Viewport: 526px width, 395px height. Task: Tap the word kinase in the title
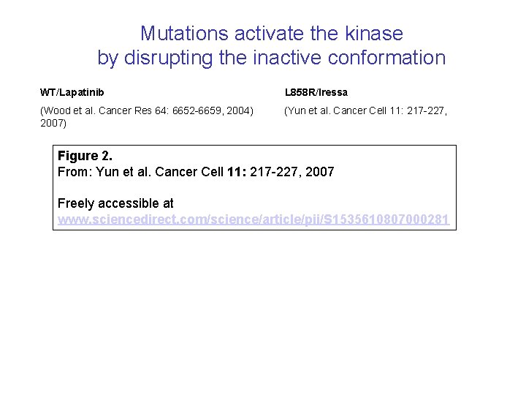[x=374, y=34]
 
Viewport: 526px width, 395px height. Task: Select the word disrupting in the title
[x=167, y=58]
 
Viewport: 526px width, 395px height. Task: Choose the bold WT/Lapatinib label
[x=72, y=92]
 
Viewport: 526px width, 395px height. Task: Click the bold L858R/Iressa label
[x=316, y=92]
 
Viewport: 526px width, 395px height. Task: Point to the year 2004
[x=240, y=110]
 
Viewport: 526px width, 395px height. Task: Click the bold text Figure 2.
[x=85, y=156]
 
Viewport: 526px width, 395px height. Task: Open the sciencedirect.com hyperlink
[x=253, y=219]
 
